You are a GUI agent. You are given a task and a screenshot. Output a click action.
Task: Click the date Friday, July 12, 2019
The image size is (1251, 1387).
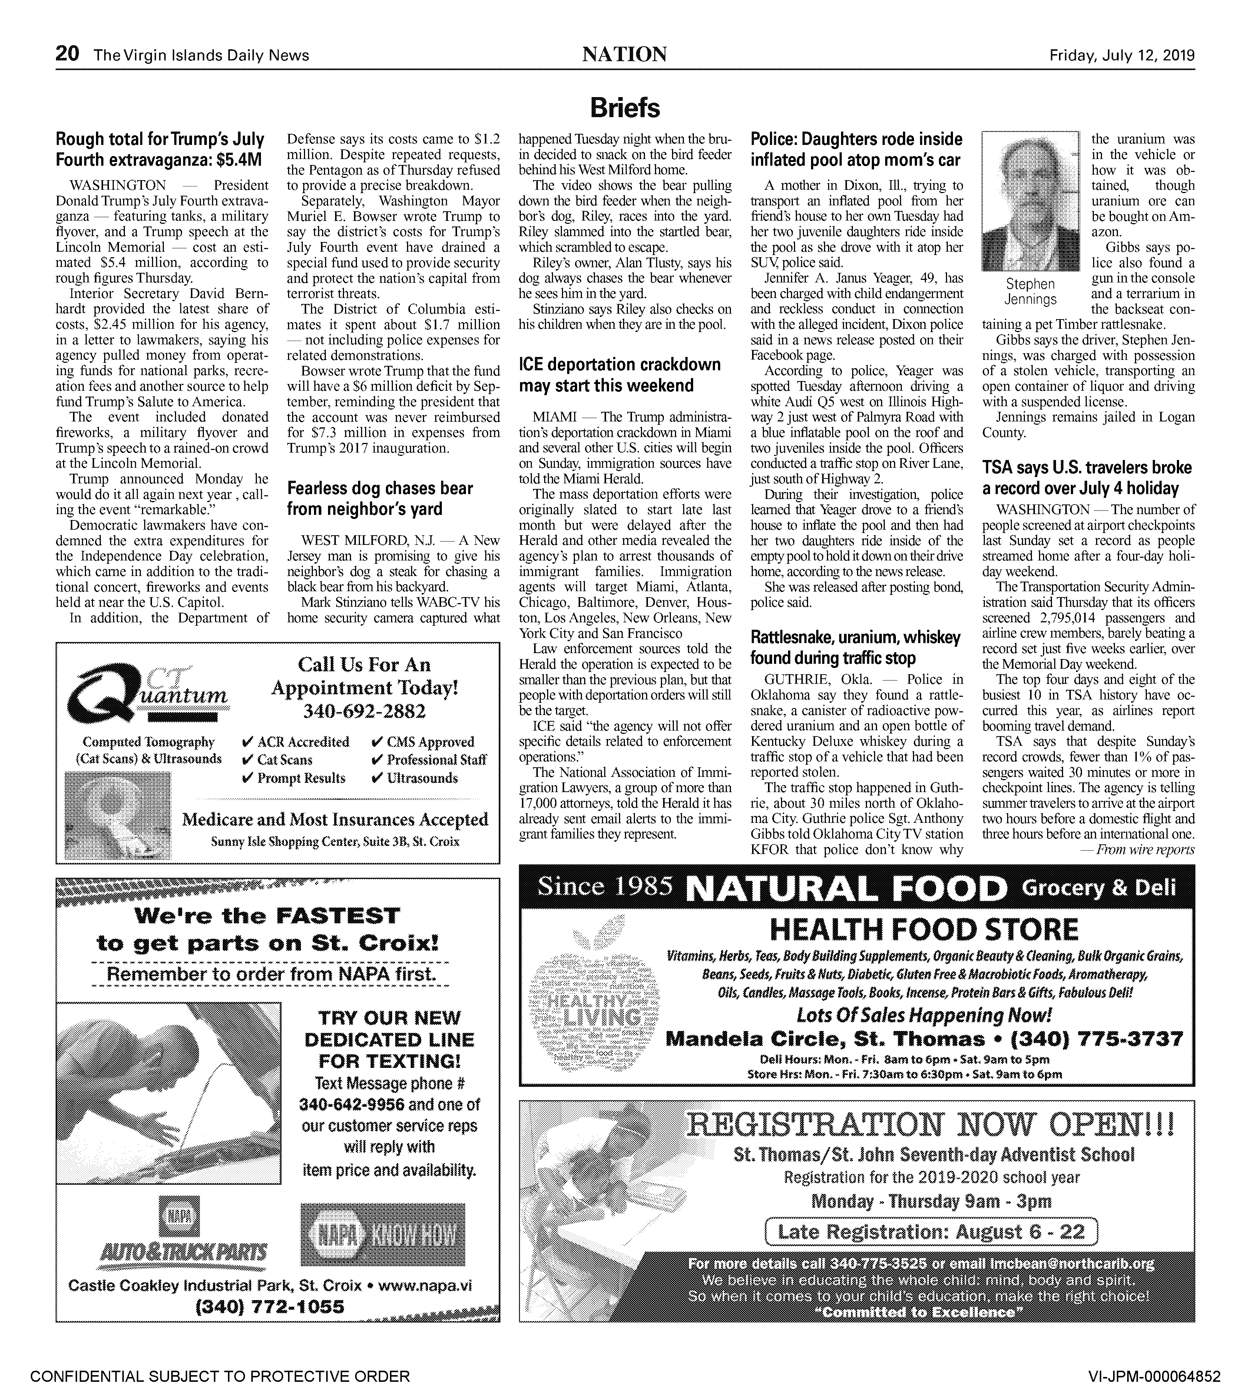pos(1122,55)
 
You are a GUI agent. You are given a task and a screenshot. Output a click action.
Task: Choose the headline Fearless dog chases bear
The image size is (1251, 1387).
pos(380,498)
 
